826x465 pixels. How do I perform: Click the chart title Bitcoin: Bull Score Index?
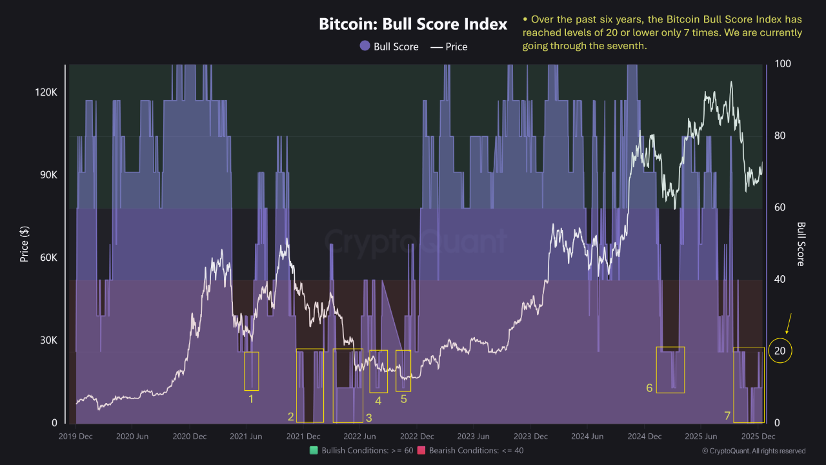[413, 25]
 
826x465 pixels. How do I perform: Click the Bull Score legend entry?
[389, 46]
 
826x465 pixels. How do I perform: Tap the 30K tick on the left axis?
[47, 340]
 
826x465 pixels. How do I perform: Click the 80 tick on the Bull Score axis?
[781, 136]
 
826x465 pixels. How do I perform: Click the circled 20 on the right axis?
[780, 351]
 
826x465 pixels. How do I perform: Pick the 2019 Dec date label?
[76, 437]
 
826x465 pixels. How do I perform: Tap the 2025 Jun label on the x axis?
[701, 437]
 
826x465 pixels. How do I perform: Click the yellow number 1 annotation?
[251, 399]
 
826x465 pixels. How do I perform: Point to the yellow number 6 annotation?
[649, 388]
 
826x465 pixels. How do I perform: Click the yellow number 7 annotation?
[727, 416]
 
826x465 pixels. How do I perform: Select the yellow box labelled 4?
[379, 371]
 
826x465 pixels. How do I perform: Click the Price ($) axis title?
[25, 243]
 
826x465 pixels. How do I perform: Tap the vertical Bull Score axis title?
[801, 243]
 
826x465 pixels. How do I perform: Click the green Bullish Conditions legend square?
[314, 450]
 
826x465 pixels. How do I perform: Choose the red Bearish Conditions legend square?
[421, 450]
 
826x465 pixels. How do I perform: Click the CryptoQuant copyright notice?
[754, 451]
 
